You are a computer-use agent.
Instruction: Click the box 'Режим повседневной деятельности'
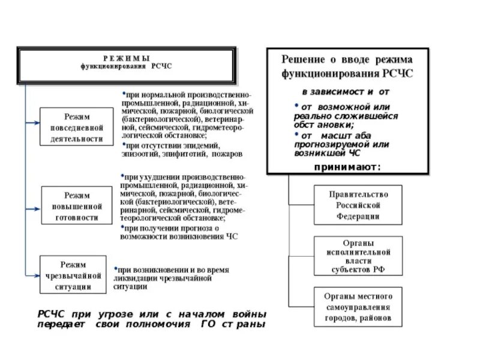point(76,127)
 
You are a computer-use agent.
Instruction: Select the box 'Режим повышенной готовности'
point(76,206)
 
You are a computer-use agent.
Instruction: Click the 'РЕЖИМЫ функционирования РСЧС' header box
point(126,62)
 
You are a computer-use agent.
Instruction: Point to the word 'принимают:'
point(347,167)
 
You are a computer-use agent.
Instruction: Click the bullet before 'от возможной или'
point(296,106)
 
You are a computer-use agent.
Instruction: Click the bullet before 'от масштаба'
point(296,135)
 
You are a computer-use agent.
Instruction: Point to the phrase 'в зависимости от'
point(345,91)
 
